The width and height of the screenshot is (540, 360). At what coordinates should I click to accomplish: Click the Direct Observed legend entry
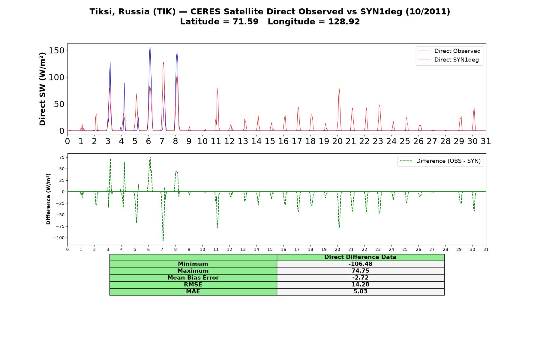449,51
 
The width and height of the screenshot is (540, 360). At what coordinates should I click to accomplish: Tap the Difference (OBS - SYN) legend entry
440,161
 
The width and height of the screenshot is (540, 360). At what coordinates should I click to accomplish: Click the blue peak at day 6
150,47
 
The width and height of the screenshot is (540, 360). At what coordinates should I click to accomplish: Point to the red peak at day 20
339,88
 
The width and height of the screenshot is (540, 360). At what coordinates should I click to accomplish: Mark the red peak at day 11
217,88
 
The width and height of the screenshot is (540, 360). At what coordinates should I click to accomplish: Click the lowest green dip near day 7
163,240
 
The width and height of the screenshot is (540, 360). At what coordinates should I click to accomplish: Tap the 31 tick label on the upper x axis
486,141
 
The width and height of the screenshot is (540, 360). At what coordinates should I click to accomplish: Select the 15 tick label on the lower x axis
270,249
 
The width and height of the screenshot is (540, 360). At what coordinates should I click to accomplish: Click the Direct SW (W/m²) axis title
42,89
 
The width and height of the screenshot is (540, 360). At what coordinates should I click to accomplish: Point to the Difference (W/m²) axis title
48,199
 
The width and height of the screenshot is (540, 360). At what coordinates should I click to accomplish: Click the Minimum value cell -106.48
360,264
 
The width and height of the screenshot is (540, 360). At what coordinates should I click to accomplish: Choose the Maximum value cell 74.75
360,271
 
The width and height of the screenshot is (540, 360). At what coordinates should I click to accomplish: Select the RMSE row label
193,285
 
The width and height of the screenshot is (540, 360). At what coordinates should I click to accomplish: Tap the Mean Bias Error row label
193,278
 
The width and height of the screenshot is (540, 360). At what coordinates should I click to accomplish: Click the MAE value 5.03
360,292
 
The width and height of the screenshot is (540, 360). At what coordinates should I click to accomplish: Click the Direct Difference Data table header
360,257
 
